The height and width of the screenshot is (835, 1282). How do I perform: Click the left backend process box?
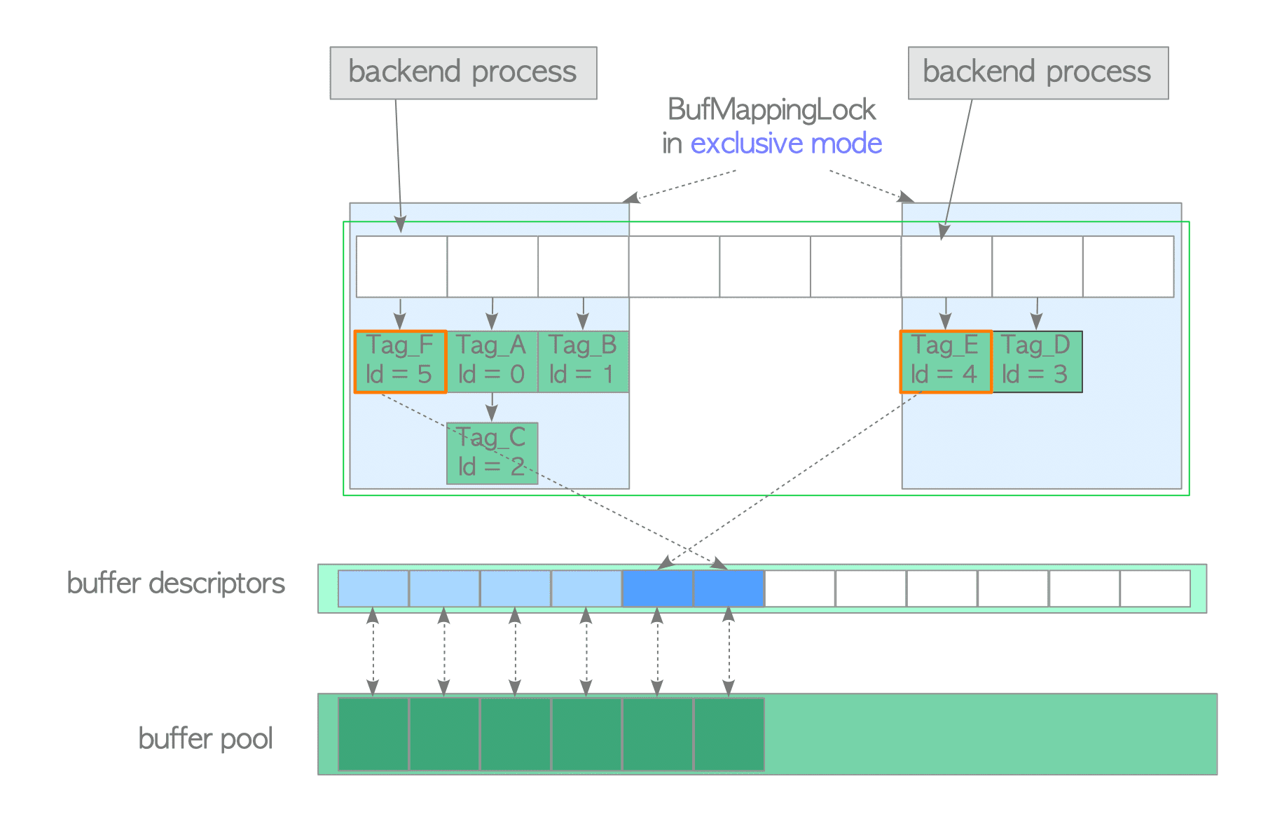(x=463, y=73)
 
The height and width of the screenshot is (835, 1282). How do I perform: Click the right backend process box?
(x=1038, y=73)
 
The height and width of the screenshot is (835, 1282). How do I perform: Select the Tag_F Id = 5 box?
(x=400, y=361)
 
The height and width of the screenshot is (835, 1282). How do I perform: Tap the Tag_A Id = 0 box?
(x=492, y=361)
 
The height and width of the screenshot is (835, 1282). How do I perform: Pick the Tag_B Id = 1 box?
(x=583, y=361)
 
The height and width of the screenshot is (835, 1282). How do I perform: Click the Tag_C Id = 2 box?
(x=492, y=453)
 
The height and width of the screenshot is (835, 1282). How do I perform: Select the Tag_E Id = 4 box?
(x=946, y=361)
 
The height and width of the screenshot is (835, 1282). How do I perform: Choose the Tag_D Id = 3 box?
(x=1037, y=361)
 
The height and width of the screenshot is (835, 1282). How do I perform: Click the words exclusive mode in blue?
(x=786, y=144)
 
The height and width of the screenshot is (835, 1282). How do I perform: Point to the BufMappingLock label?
(x=771, y=110)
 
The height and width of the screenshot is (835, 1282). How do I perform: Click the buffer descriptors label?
(x=176, y=583)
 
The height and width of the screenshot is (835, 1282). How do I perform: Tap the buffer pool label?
(x=205, y=738)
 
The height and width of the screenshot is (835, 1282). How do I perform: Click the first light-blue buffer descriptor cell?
(x=373, y=588)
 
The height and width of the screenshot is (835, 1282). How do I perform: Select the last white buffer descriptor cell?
(x=1155, y=588)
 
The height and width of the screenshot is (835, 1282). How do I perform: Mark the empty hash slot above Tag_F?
(x=401, y=266)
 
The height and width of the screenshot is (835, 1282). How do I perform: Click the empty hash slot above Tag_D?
(x=1037, y=266)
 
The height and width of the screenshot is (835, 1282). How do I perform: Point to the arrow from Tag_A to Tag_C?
(x=492, y=407)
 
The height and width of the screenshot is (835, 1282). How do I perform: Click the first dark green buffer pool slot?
(x=373, y=734)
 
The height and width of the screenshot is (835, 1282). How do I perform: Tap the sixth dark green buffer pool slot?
(x=729, y=734)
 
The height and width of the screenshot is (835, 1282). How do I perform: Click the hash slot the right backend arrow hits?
(x=946, y=266)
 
